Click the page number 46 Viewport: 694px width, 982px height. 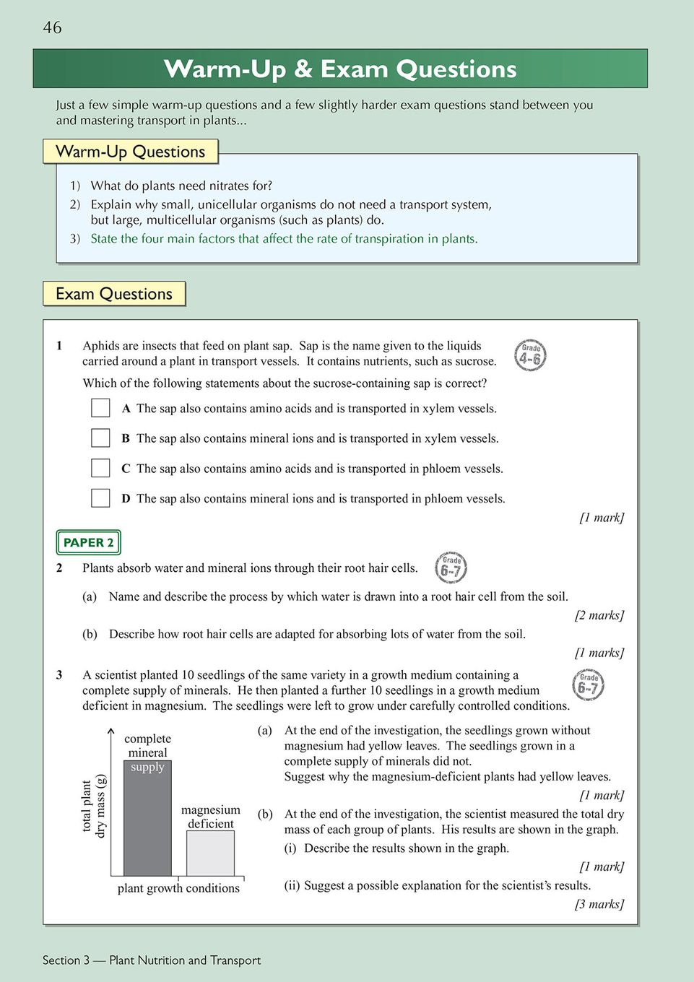click(52, 27)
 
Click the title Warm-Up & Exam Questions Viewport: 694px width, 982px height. click(340, 69)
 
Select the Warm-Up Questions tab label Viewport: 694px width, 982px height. click(131, 152)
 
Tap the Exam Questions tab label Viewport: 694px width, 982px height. click(114, 294)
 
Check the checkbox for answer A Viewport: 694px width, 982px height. click(100, 408)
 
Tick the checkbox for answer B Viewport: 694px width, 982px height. click(100, 438)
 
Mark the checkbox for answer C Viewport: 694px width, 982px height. click(100, 468)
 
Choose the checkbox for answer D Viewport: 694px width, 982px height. click(100, 498)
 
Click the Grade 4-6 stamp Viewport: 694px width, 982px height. click(530, 355)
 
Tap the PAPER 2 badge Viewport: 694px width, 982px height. click(88, 542)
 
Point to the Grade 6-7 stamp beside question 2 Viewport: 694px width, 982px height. click(451, 568)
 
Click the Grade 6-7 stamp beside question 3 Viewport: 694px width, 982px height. click(588, 685)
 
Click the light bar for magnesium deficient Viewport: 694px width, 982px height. click(210, 853)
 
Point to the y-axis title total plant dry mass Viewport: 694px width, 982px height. click(93, 806)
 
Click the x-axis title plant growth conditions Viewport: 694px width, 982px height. click(178, 888)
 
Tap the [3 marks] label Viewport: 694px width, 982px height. click(599, 904)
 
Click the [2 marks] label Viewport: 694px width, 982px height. click(599, 615)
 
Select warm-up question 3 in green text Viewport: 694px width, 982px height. click(284, 239)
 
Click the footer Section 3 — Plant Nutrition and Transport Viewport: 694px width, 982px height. click(152, 960)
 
